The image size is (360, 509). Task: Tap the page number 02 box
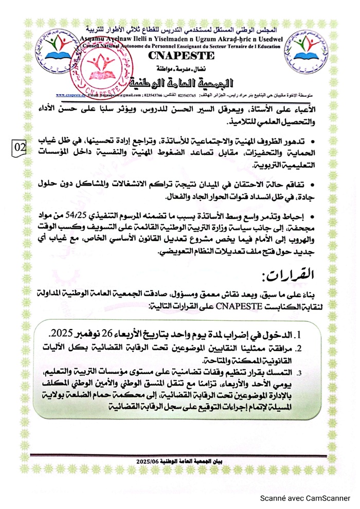[x=21, y=147]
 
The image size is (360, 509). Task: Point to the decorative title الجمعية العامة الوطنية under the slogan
[x=177, y=82]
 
